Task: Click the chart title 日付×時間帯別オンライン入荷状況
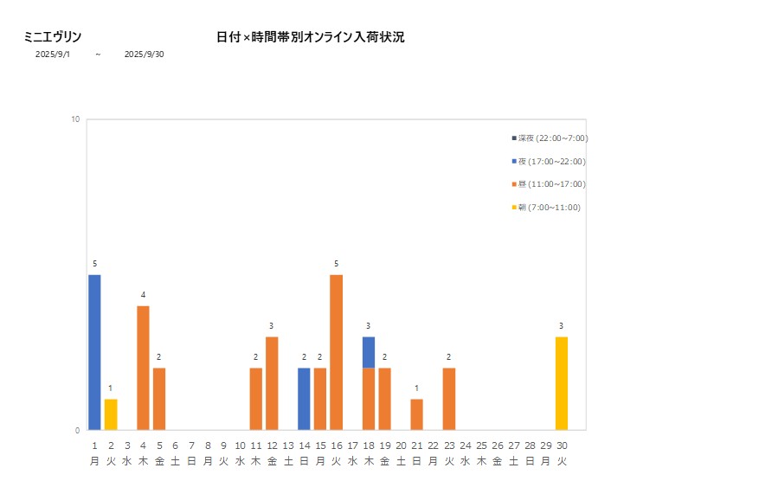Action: coord(310,37)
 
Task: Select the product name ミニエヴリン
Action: coord(53,37)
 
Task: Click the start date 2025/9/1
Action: coord(53,54)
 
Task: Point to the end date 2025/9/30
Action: coord(144,54)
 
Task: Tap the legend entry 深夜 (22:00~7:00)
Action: coord(550,138)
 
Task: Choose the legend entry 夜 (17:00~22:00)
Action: coord(549,162)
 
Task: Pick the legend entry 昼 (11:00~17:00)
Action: coord(549,184)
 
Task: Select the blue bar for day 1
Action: coord(94,352)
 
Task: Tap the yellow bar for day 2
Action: coord(111,414)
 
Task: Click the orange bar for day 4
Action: coord(143,368)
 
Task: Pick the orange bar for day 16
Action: coord(337,352)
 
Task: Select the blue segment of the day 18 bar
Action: coord(369,352)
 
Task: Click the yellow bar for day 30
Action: coord(562,383)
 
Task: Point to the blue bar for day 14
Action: coord(304,399)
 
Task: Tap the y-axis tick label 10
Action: coord(75,119)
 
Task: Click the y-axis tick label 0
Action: coord(77,430)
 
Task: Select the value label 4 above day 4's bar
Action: coord(143,295)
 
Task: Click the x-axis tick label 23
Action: coord(449,446)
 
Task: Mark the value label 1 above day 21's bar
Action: coord(417,388)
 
